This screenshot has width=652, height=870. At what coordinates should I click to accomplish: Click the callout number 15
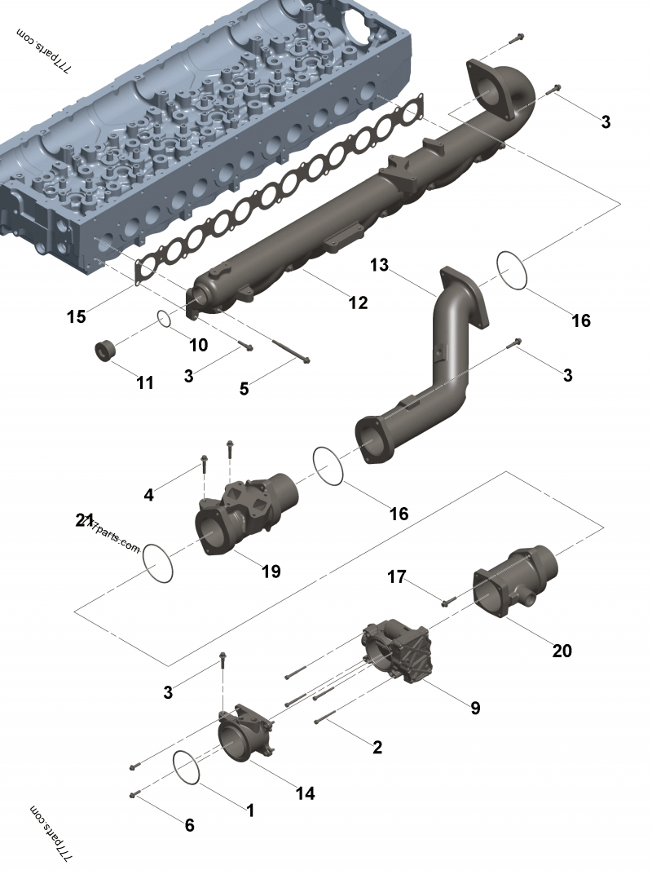coord(76,316)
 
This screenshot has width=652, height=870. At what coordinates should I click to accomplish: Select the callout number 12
coord(358,303)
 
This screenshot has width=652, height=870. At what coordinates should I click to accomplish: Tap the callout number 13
coord(379,265)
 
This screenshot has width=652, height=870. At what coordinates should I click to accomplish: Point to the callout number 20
coord(562,651)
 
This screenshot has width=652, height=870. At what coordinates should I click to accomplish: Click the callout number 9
coord(475,708)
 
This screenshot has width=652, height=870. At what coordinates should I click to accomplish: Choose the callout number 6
coord(189,825)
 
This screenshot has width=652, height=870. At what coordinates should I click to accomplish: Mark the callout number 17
coord(396,577)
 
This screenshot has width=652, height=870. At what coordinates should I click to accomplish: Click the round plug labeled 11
coord(106,352)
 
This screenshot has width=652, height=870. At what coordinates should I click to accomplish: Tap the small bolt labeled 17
coord(447,603)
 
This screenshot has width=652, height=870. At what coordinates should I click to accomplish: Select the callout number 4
coord(148,495)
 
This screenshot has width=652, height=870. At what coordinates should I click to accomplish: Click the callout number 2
coord(377,747)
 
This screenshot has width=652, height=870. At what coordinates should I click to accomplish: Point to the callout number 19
coord(271,571)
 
